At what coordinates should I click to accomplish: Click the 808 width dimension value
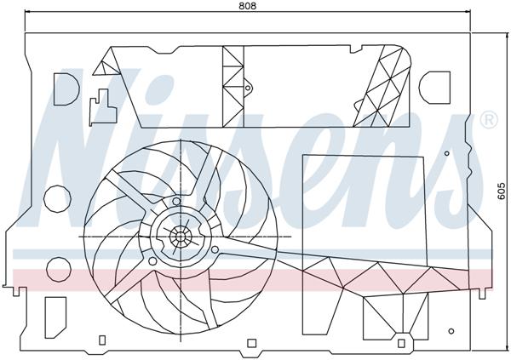pyautogui.click(x=247, y=6)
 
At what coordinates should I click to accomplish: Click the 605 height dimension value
pyautogui.click(x=502, y=193)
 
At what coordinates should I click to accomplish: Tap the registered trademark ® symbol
pyautogui.click(x=489, y=120)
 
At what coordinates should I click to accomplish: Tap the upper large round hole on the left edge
pyautogui.click(x=58, y=198)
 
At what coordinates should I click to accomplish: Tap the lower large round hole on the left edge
pyautogui.click(x=58, y=269)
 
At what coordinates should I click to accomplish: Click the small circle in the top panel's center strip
pyautogui.click(x=248, y=87)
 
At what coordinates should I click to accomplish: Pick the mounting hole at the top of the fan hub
pyautogui.click(x=176, y=202)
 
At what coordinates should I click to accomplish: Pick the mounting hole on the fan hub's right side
pyautogui.click(x=215, y=249)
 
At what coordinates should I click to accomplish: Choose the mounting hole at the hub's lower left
pyautogui.click(x=152, y=261)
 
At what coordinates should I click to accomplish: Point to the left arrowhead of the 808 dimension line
pyautogui.click(x=29, y=13)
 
